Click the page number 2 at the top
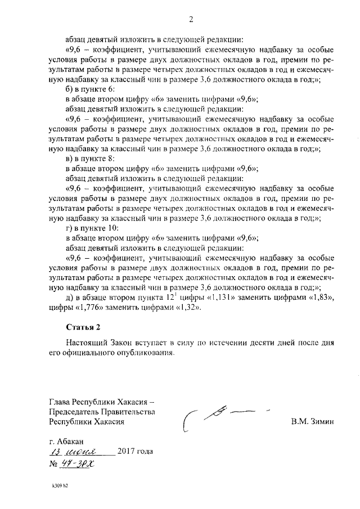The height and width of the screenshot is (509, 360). click(x=191, y=21)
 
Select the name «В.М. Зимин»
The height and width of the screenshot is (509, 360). click(x=313, y=421)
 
